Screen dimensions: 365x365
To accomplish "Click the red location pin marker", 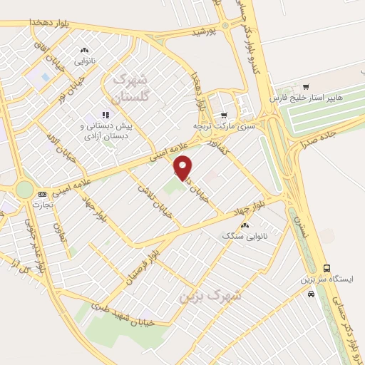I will (183, 167).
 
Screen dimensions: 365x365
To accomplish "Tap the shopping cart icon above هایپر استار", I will (306, 86).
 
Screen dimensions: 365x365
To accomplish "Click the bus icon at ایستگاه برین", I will (327, 268).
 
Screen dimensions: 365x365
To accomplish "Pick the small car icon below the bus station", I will (311, 293).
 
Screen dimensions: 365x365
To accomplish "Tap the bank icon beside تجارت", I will (42, 194).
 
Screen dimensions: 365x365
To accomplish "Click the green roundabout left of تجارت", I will (24, 190).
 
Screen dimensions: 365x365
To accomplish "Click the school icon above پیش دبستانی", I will (106, 113).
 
